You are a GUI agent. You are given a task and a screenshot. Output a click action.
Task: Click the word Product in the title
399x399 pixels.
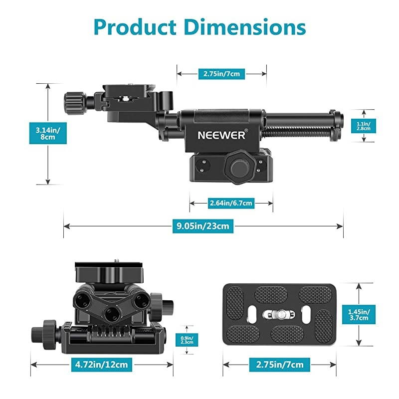pos(135,27)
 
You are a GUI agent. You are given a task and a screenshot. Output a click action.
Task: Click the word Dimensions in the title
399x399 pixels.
pos(244,27)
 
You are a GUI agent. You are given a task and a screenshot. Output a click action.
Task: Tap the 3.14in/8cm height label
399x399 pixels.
pos(48,133)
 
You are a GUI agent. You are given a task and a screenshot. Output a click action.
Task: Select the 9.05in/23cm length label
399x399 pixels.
pos(203,226)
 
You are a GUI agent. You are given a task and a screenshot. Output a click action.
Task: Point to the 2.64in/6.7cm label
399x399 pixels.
pos(231,203)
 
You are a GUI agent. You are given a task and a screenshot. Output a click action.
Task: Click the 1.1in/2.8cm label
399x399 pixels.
pos(364,126)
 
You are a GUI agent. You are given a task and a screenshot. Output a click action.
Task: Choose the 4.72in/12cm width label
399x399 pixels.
pos(102,365)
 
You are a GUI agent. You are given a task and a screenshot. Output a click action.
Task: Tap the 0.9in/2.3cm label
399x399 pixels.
pos(187,340)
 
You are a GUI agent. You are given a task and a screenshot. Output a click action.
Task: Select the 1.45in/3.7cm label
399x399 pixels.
pos(359,315)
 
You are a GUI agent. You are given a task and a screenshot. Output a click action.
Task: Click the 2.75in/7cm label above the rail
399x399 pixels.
pos(221,74)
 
